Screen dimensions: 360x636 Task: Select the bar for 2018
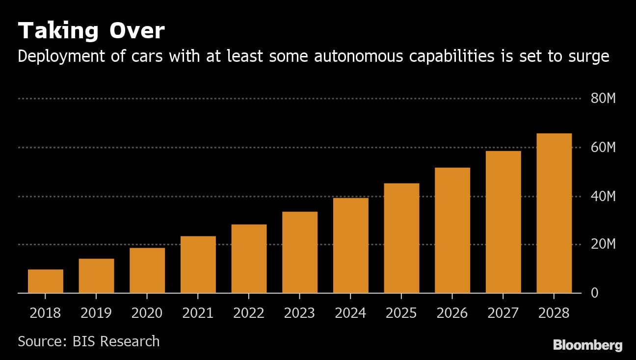point(46,281)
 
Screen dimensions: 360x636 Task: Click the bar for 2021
point(198,264)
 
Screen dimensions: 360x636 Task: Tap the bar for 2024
point(351,245)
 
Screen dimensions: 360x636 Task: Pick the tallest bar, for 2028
point(554,213)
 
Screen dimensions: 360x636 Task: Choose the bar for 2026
point(452,230)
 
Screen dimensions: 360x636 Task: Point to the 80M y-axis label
point(603,99)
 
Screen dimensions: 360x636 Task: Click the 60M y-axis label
point(603,148)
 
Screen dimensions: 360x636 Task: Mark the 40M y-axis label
point(603,197)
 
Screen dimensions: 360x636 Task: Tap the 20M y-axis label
point(603,244)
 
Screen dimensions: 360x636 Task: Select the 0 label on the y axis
point(595,293)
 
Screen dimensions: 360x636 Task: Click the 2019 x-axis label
point(96,313)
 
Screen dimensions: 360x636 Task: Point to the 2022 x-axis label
point(249,313)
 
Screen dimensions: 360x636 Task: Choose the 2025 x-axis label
point(401,313)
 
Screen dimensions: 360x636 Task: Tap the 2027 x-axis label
point(503,313)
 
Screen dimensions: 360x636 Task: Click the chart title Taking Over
point(91,31)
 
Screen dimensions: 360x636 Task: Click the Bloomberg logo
point(588,345)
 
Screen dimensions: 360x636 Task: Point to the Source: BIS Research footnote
point(89,341)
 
